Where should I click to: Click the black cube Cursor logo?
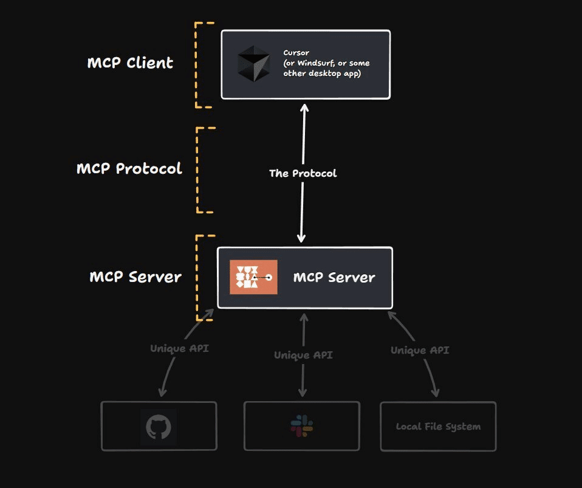click(x=253, y=64)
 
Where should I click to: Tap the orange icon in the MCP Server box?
click(x=253, y=277)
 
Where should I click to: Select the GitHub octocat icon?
click(x=159, y=427)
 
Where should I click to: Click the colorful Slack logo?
click(x=302, y=426)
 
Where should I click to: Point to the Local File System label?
click(x=438, y=427)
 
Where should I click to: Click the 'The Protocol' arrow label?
click(x=303, y=173)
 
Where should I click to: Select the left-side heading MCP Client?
click(x=130, y=63)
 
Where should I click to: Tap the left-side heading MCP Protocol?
click(x=129, y=168)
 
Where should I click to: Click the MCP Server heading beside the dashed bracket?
click(x=135, y=277)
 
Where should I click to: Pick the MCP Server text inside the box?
click(x=334, y=278)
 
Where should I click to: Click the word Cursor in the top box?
click(x=296, y=53)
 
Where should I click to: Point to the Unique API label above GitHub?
click(x=179, y=349)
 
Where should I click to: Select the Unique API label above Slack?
click(x=303, y=355)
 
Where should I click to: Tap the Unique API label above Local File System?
click(x=420, y=350)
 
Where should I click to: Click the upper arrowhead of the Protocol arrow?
click(x=304, y=108)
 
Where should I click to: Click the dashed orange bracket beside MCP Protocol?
click(x=198, y=170)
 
